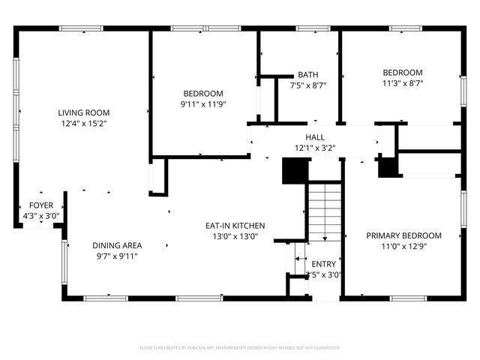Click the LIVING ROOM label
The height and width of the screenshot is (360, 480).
[83, 112]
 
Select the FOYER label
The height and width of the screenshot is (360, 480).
[40, 205]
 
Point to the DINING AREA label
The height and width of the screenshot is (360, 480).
[117, 245]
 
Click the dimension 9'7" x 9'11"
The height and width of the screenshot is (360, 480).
[117, 256]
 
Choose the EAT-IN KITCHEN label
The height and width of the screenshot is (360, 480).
[235, 225]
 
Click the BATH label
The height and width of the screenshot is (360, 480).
[307, 75]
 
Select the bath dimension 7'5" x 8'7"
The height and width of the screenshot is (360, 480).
[307, 85]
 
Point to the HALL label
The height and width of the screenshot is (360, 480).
[315, 137]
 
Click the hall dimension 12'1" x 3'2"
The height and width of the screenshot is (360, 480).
[315, 148]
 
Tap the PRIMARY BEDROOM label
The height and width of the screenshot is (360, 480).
[403, 235]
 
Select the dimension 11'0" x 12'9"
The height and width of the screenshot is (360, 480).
[403, 246]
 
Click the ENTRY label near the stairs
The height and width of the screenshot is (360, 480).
[324, 264]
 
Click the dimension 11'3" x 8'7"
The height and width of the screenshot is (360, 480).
[403, 83]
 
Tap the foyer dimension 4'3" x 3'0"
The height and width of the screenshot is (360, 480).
[40, 216]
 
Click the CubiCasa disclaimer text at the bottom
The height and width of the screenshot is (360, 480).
[240, 348]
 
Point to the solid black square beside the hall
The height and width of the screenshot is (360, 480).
[294, 171]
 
